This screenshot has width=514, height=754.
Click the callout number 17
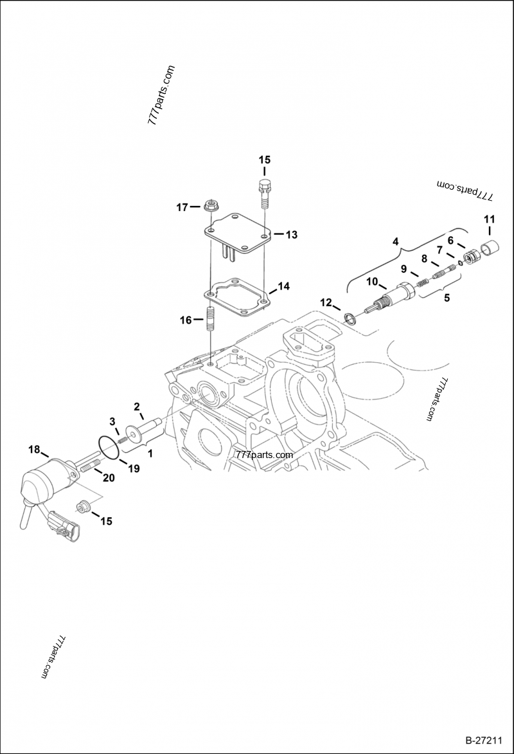(x=182, y=207)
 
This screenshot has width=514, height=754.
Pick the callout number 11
(x=488, y=219)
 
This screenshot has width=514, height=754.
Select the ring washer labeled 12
(x=350, y=318)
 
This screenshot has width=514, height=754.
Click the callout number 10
(x=372, y=281)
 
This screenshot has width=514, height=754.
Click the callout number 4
(x=396, y=241)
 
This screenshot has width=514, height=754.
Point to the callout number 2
(x=137, y=406)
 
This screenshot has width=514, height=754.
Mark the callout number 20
(x=109, y=477)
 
